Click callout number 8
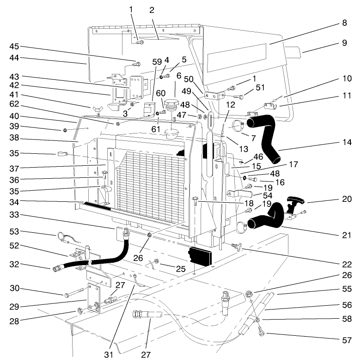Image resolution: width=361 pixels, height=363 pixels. pyautogui.click(x=345, y=22)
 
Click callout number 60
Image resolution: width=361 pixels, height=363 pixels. pyautogui.click(x=160, y=93)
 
